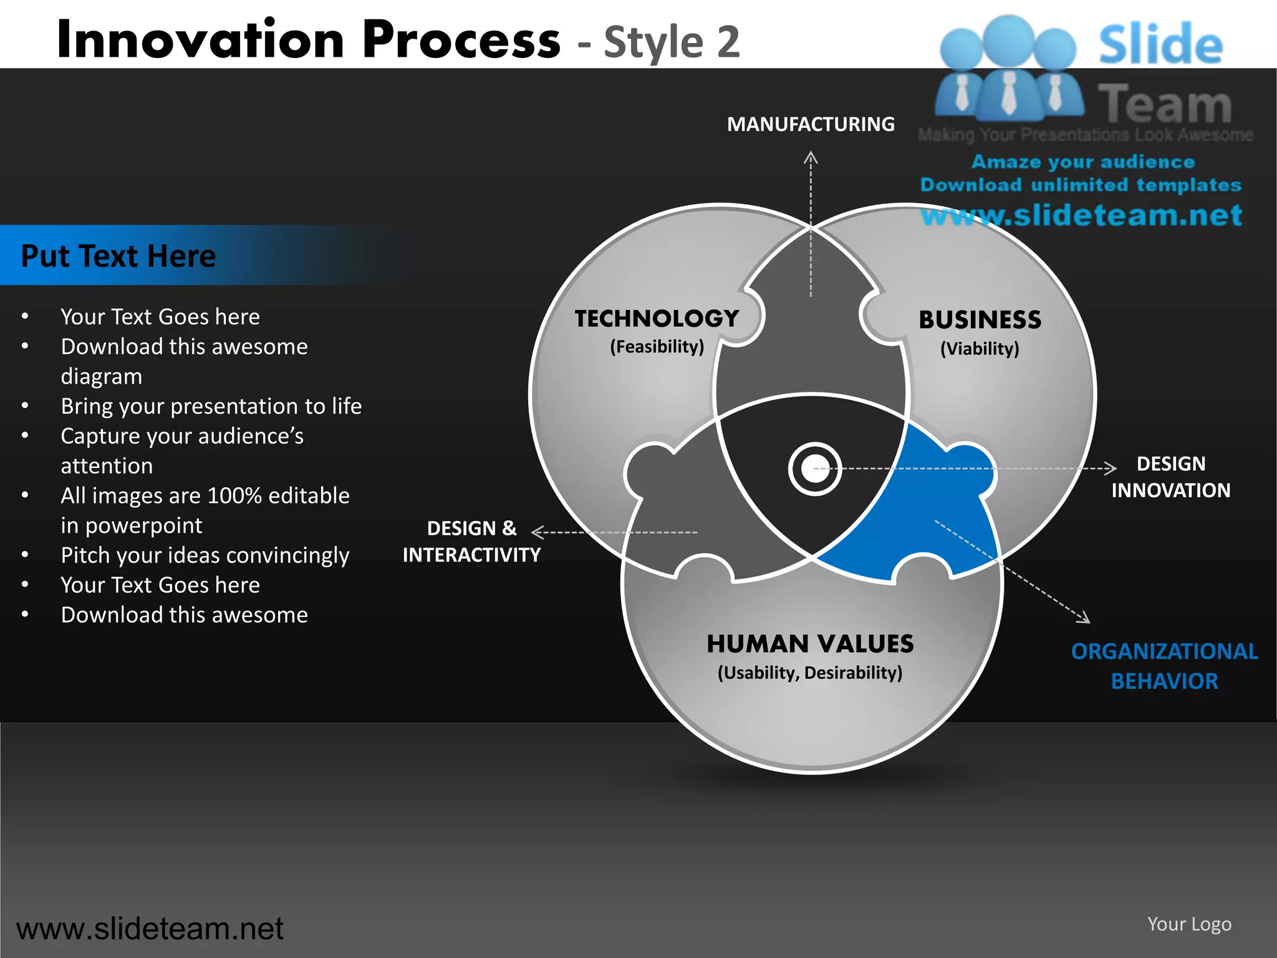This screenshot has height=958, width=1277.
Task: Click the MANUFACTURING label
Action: (x=811, y=124)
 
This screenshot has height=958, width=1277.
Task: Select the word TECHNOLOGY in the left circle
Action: (x=657, y=319)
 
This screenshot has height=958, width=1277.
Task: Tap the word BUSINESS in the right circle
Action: (x=980, y=320)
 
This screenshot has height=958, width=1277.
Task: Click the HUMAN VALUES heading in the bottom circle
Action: (x=810, y=644)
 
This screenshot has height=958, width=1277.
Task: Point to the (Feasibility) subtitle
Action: (x=657, y=347)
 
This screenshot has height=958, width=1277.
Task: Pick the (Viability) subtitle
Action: (x=980, y=349)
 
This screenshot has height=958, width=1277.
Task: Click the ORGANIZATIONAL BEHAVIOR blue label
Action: (x=1164, y=666)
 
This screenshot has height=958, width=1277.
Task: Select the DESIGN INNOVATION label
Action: (x=1170, y=477)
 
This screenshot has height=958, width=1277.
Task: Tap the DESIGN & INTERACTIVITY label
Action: (x=471, y=541)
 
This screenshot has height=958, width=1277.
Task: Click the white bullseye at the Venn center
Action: (x=814, y=469)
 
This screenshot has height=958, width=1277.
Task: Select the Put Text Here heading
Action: (x=118, y=256)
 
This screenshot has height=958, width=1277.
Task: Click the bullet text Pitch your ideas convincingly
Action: (x=205, y=555)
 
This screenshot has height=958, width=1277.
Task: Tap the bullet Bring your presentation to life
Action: (x=211, y=406)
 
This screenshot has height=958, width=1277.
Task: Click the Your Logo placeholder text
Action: (x=1189, y=924)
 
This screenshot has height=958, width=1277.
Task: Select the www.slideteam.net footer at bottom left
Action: (x=150, y=929)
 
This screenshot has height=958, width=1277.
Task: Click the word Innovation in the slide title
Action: (x=200, y=40)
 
